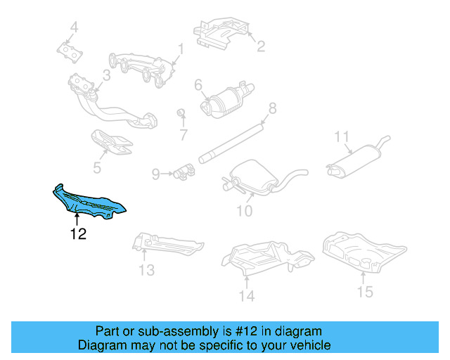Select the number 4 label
click(73, 28)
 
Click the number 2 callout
click(260, 46)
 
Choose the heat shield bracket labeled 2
click(221, 32)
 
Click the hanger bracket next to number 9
click(184, 170)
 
